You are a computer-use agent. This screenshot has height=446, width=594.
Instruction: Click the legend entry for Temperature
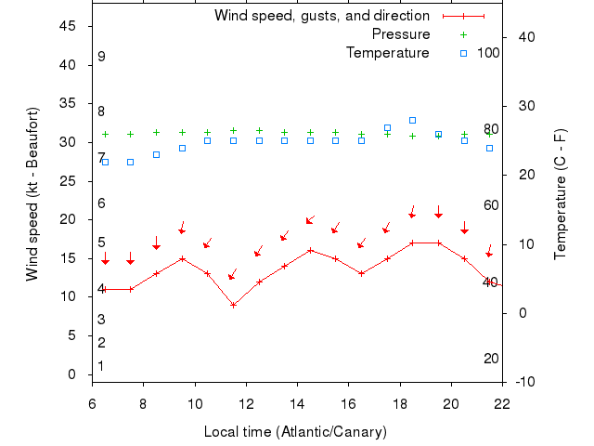[387, 53]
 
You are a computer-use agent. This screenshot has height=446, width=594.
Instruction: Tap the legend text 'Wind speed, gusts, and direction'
[321, 16]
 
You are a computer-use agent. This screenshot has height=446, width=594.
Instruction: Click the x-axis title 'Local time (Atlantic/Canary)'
[295, 432]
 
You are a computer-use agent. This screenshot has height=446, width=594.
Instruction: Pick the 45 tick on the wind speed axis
[69, 26]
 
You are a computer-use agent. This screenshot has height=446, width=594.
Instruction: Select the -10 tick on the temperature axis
[525, 382]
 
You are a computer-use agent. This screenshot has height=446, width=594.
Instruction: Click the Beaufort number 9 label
[101, 57]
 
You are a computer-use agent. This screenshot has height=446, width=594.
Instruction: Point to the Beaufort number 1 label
[101, 366]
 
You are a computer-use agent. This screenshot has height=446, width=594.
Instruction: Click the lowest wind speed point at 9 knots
[233, 305]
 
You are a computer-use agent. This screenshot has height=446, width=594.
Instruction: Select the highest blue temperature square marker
[412, 120]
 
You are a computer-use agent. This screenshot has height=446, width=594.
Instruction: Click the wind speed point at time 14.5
[310, 250]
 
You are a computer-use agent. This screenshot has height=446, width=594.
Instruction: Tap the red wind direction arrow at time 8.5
[156, 243]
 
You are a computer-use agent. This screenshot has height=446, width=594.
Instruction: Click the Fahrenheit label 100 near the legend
[488, 53]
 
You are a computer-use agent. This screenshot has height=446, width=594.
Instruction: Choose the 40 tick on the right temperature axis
[525, 36]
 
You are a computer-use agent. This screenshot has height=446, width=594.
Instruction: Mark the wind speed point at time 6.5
[105, 289]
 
